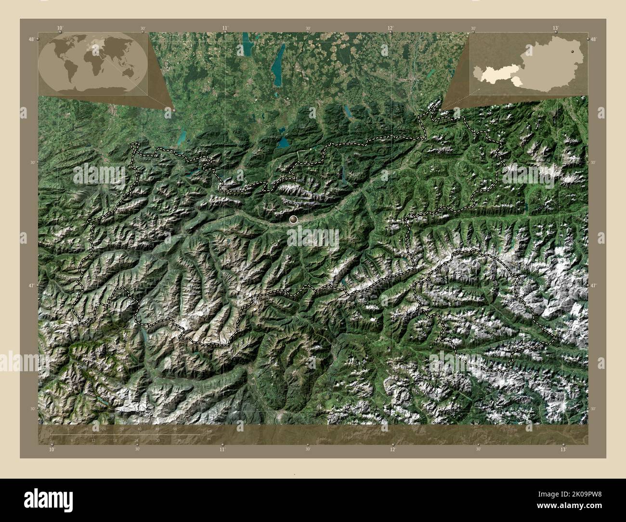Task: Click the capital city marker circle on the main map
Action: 293,220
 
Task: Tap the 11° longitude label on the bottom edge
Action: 222,449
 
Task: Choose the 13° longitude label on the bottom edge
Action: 563,449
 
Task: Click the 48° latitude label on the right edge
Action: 594,39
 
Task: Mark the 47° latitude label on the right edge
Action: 594,286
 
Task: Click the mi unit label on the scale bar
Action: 208,439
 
